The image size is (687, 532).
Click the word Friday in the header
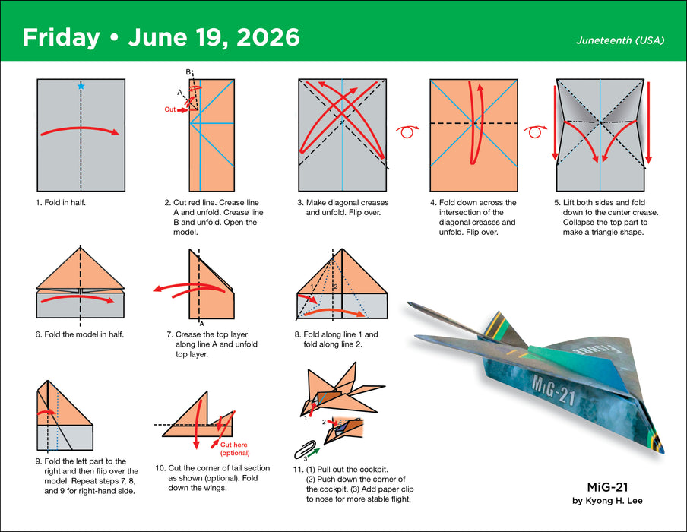[61, 37]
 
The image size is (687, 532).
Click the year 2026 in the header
[265, 37]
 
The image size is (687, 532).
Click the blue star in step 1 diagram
[81, 86]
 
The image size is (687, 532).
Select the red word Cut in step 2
[171, 109]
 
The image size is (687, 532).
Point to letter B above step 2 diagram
[188, 72]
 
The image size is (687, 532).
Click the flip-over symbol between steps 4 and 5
[537, 131]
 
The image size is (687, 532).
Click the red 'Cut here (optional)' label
[235, 448]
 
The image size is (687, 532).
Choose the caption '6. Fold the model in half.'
[80, 334]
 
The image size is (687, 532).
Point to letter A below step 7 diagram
[201, 323]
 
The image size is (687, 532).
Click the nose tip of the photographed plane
[660, 451]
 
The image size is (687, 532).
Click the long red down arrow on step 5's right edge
[648, 125]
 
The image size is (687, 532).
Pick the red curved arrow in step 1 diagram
[81, 130]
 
